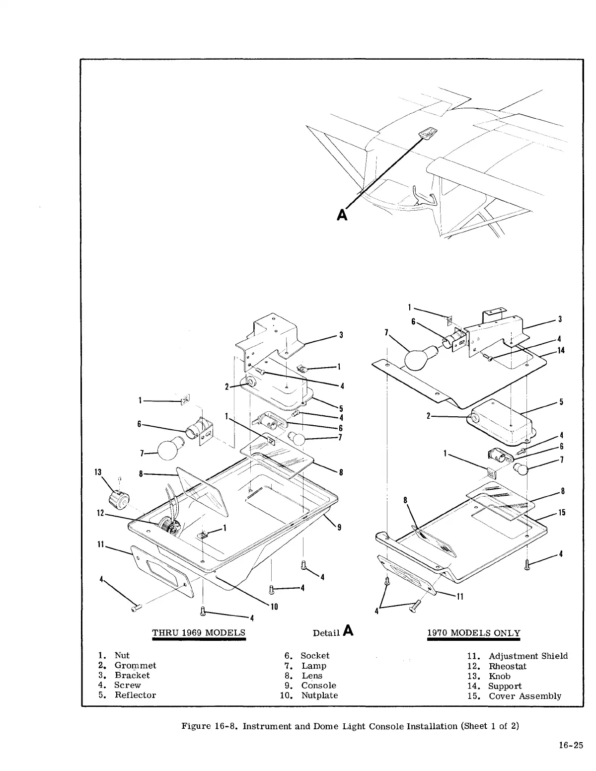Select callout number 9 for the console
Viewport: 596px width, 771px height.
click(x=339, y=528)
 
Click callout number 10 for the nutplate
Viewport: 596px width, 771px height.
click(x=273, y=607)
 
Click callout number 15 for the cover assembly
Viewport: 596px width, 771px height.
click(x=561, y=513)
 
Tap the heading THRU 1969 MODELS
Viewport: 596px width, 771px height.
click(x=199, y=633)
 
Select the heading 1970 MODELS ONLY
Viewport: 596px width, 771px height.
click(x=474, y=633)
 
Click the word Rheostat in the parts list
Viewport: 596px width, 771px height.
click(x=507, y=666)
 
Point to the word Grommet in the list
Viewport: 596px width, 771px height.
click(x=135, y=665)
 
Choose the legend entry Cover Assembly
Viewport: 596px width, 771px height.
click(x=525, y=696)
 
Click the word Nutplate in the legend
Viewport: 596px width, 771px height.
click(x=319, y=695)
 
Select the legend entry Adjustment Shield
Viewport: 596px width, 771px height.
click(x=528, y=656)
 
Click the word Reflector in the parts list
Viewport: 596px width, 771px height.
click(x=135, y=695)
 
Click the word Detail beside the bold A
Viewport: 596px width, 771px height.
click(x=326, y=633)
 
